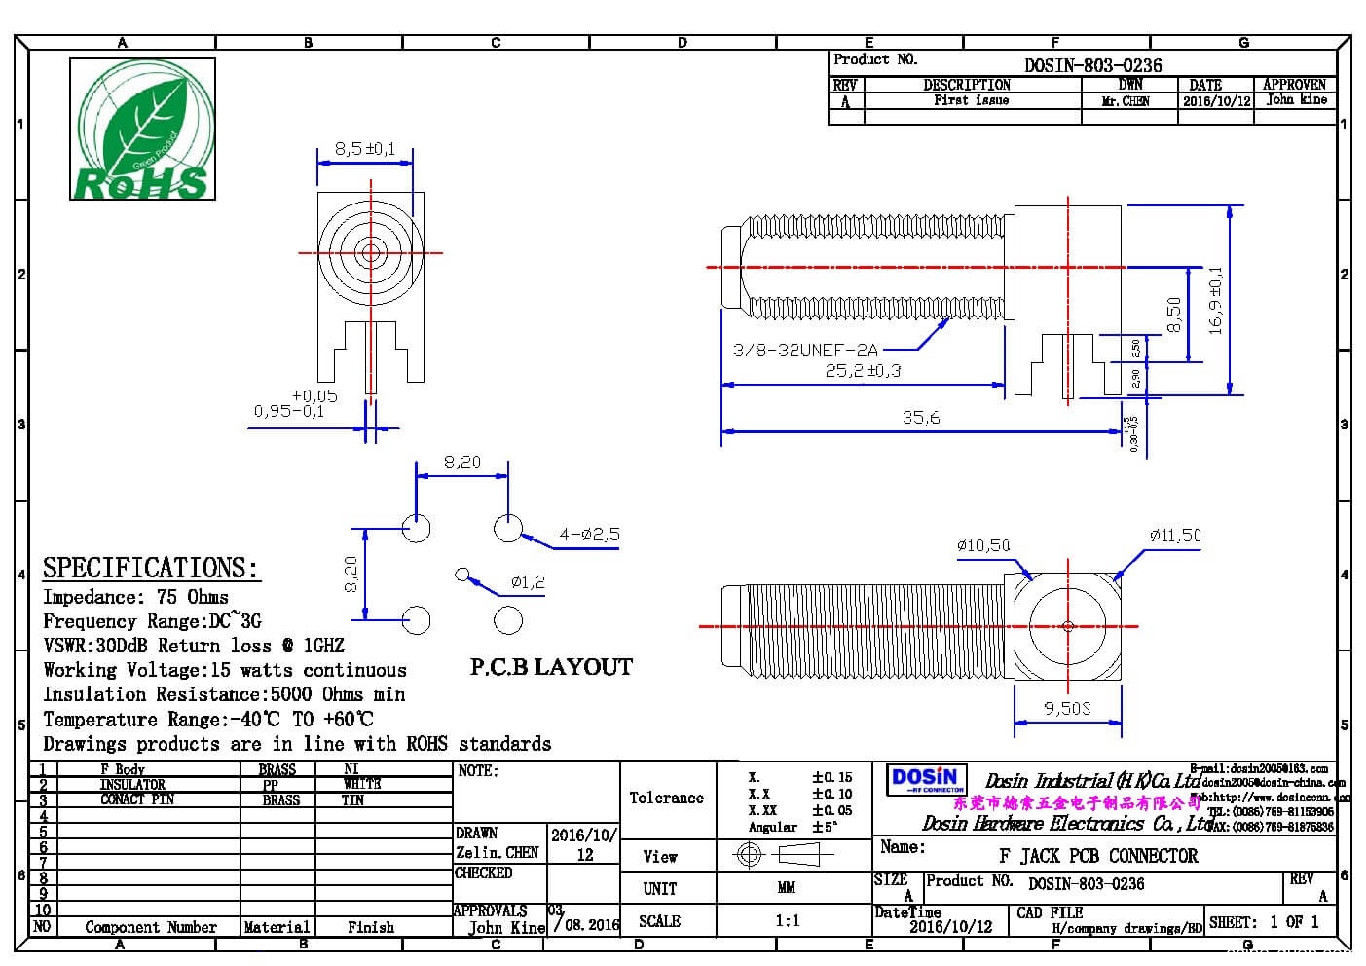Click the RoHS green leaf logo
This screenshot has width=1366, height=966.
142,130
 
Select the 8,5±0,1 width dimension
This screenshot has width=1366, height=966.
365,149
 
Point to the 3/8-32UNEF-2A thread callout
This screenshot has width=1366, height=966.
805,350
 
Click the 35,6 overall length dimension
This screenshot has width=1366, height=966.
921,418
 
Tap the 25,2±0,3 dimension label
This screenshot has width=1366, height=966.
863,370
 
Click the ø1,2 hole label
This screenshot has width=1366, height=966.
528,582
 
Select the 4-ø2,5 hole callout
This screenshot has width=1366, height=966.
589,534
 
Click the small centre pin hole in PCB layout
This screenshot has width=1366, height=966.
462,575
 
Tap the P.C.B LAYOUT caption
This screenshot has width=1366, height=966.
551,667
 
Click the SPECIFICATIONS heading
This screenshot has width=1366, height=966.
151,568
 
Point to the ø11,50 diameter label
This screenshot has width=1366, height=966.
1175,536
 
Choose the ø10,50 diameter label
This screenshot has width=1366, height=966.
983,545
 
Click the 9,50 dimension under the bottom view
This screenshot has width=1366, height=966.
1067,708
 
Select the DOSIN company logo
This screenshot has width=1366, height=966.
925,779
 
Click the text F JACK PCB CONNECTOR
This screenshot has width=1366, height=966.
1098,856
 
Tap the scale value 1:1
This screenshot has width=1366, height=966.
787,920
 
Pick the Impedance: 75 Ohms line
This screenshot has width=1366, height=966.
135,597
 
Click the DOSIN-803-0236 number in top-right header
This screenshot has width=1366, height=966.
1092,65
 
